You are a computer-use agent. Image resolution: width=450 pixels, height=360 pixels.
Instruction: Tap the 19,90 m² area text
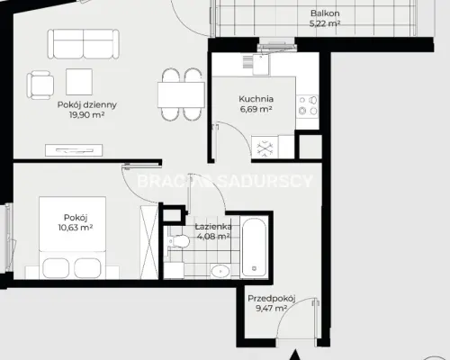[x=87, y=115]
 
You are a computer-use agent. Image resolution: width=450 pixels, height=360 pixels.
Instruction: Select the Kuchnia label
[x=256, y=99]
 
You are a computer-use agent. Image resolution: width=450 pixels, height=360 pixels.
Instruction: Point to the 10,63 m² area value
[x=76, y=228]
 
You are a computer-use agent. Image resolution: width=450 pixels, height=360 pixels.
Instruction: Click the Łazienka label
[x=213, y=227]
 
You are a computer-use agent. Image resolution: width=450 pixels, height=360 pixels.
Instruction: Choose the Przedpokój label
[x=272, y=299]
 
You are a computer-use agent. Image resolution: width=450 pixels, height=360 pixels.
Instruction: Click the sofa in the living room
[x=83, y=44]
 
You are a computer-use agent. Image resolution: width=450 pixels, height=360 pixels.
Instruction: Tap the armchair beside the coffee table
[x=40, y=85]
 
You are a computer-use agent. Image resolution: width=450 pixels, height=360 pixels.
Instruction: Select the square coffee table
[x=79, y=82]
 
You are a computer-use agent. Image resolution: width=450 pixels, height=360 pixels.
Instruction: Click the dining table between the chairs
[x=181, y=94]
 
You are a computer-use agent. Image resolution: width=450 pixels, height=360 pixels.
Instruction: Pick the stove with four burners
[x=308, y=105]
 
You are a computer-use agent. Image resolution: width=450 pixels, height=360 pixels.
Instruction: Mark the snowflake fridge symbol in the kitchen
[x=265, y=148]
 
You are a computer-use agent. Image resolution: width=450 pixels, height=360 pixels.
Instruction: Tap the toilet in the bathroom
[x=178, y=241]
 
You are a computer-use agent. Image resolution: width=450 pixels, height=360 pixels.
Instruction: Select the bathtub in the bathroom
[x=255, y=247]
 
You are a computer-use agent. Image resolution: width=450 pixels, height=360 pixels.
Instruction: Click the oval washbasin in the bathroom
[x=220, y=271]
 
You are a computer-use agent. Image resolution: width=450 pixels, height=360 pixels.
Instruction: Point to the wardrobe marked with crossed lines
[x=149, y=242]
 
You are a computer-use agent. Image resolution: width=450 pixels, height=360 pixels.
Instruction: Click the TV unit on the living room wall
[x=74, y=150]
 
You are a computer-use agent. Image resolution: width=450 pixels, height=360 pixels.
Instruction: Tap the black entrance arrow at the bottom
[x=296, y=355]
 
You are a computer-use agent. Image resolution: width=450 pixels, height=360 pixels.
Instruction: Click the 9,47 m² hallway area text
[x=272, y=309]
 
